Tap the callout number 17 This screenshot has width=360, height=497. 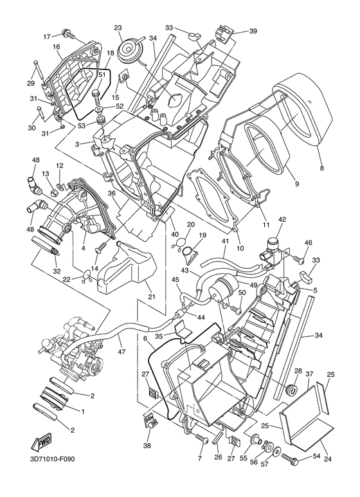click(46, 36)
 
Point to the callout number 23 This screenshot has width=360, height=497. click(118, 28)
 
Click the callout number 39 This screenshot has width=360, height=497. click(253, 31)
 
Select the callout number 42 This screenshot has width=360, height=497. click(282, 219)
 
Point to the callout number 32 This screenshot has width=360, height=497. click(57, 271)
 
